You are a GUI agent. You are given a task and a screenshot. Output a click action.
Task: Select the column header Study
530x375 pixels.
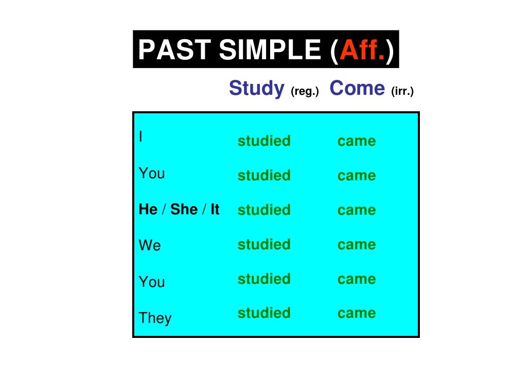click(x=256, y=89)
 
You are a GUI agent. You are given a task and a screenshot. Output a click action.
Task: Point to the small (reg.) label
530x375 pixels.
click(x=305, y=92)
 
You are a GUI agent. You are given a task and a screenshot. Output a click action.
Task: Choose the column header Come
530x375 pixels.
click(x=357, y=89)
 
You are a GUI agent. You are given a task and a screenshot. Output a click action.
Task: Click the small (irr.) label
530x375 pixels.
click(x=402, y=92)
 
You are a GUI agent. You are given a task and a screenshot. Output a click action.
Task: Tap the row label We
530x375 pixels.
click(x=150, y=246)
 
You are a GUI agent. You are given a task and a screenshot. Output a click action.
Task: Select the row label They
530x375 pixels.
click(x=155, y=318)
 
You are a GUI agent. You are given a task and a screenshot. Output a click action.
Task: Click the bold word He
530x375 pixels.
click(x=148, y=210)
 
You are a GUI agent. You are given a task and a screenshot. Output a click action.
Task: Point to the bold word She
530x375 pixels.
click(x=184, y=210)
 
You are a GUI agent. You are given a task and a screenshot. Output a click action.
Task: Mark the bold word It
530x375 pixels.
click(x=215, y=210)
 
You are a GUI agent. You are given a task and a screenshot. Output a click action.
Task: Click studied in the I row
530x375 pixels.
click(x=264, y=141)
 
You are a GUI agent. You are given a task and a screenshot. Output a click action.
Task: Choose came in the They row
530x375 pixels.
click(x=357, y=313)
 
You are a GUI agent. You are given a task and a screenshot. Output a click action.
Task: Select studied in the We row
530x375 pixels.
click(x=264, y=244)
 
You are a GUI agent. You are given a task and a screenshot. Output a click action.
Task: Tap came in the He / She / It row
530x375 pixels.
click(x=357, y=210)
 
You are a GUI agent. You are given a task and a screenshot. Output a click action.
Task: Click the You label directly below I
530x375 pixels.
click(x=152, y=174)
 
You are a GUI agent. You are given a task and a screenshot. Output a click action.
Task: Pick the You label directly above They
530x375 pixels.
click(x=152, y=282)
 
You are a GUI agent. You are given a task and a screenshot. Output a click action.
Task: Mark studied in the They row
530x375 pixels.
click(x=264, y=313)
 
